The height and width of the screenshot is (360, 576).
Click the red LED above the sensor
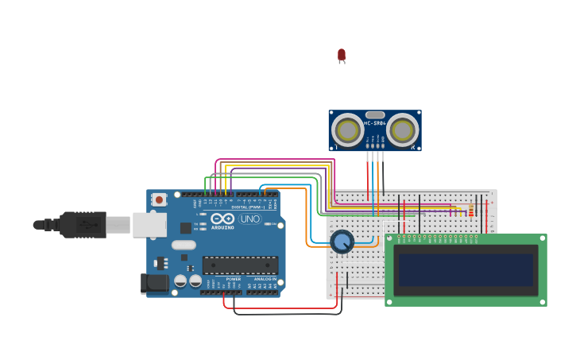click(x=342, y=55)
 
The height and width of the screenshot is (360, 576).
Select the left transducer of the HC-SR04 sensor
click(x=347, y=130)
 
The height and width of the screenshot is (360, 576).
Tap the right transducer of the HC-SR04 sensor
click(x=402, y=130)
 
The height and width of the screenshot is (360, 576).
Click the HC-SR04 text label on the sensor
click(x=375, y=123)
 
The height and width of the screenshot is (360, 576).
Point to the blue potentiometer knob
click(x=342, y=242)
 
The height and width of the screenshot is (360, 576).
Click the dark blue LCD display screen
click(x=466, y=270)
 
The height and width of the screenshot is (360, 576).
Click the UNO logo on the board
click(x=249, y=219)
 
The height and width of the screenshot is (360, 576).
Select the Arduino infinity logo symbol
click(x=223, y=219)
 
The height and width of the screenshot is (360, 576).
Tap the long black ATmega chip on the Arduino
click(x=240, y=265)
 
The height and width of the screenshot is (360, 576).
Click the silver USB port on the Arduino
click(x=149, y=225)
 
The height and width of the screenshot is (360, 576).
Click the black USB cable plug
click(x=83, y=225)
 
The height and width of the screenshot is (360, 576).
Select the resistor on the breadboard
click(x=470, y=211)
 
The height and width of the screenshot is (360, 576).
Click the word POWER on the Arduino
click(x=234, y=279)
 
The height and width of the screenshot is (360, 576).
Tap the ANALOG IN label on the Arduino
click(x=265, y=279)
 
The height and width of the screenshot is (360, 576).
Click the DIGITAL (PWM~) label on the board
click(x=249, y=207)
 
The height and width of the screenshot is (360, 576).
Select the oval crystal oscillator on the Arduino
click(x=183, y=246)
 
